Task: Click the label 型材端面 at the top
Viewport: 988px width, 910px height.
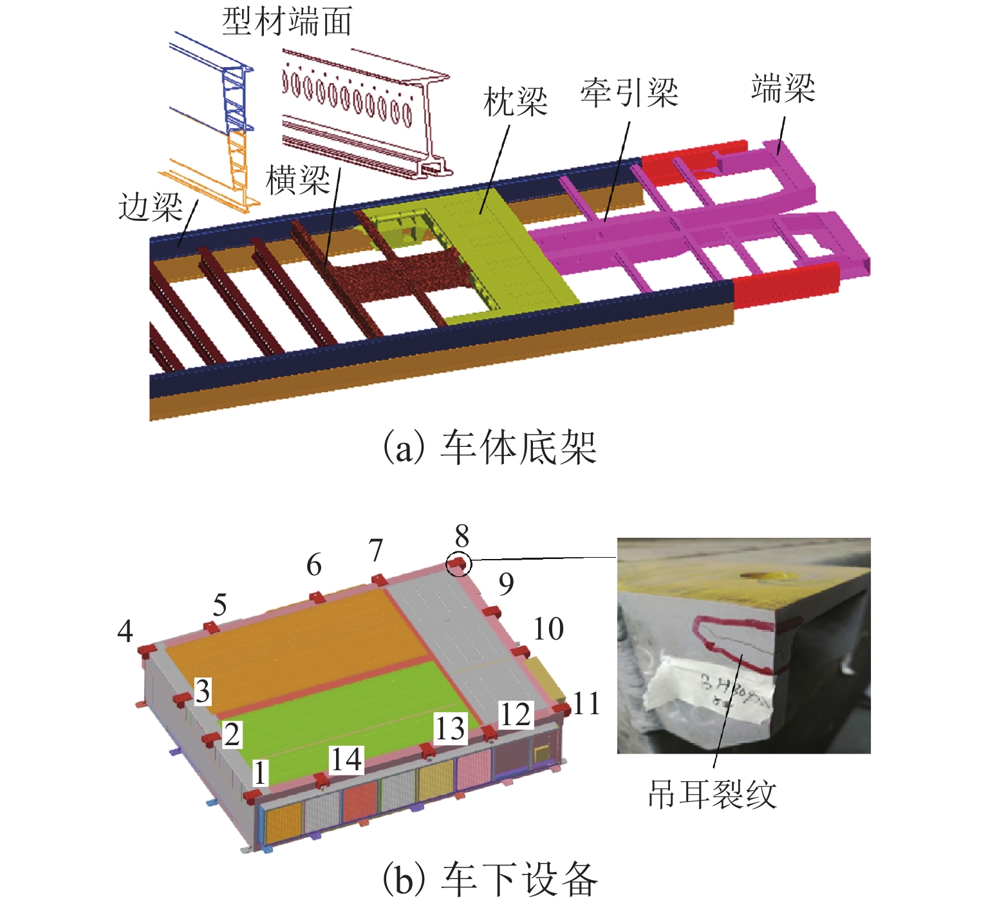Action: (287, 22)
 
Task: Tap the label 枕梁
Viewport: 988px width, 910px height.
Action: (515, 102)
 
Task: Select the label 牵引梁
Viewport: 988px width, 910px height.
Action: (629, 93)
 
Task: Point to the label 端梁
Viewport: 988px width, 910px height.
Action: (783, 88)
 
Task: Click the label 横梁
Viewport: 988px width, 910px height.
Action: (298, 180)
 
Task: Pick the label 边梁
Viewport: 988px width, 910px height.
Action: (150, 207)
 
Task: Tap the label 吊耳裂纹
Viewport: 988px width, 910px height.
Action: (712, 794)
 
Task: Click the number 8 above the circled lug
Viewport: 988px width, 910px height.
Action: (461, 536)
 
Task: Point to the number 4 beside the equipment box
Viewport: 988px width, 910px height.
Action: (126, 631)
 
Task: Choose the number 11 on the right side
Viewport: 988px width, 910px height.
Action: (586, 704)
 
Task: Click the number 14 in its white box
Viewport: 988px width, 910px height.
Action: (346, 760)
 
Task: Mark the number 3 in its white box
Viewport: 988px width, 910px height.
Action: (203, 692)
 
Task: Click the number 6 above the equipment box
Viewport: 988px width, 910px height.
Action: (314, 565)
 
